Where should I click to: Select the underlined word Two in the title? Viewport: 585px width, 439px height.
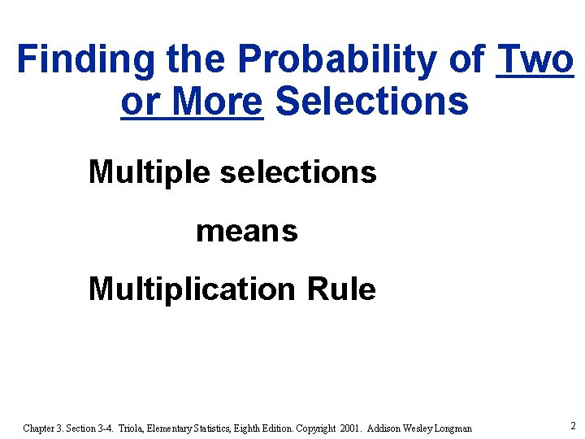[x=535, y=60]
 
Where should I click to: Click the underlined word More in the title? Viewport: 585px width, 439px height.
[x=219, y=102]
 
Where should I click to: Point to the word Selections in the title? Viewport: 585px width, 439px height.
[x=372, y=102]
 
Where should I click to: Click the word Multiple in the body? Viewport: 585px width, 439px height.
[x=150, y=172]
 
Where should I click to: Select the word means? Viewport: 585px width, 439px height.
[x=247, y=232]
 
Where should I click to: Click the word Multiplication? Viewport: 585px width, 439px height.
[x=192, y=289]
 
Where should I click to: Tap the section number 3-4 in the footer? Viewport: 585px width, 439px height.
[x=105, y=428]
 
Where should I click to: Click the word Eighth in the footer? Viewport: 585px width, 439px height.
[x=253, y=428]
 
